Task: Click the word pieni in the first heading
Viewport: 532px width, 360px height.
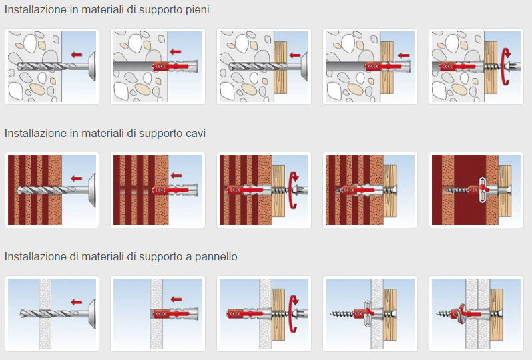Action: pos(197,10)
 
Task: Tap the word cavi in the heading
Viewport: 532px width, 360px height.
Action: pos(196,133)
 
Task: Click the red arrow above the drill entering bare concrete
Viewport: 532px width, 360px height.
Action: pos(77,55)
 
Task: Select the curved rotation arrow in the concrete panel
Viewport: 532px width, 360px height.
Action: pos(506,66)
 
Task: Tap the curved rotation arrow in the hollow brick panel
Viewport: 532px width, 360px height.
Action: pos(294,190)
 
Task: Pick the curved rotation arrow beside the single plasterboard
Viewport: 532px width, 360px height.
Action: pos(294,313)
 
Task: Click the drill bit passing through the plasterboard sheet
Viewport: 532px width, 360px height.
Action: pos(49,313)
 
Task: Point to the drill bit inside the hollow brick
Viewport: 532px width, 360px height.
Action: pos(47,190)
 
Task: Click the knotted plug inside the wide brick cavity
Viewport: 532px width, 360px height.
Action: pos(483,190)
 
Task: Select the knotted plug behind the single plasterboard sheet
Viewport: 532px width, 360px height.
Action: pos(368,313)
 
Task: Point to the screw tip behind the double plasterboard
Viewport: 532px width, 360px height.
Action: pos(438,313)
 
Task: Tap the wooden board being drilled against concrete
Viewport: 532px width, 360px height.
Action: pos(280,67)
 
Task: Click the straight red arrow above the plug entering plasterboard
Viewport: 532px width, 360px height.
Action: pos(176,299)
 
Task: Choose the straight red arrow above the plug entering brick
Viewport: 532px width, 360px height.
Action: pos(176,176)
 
